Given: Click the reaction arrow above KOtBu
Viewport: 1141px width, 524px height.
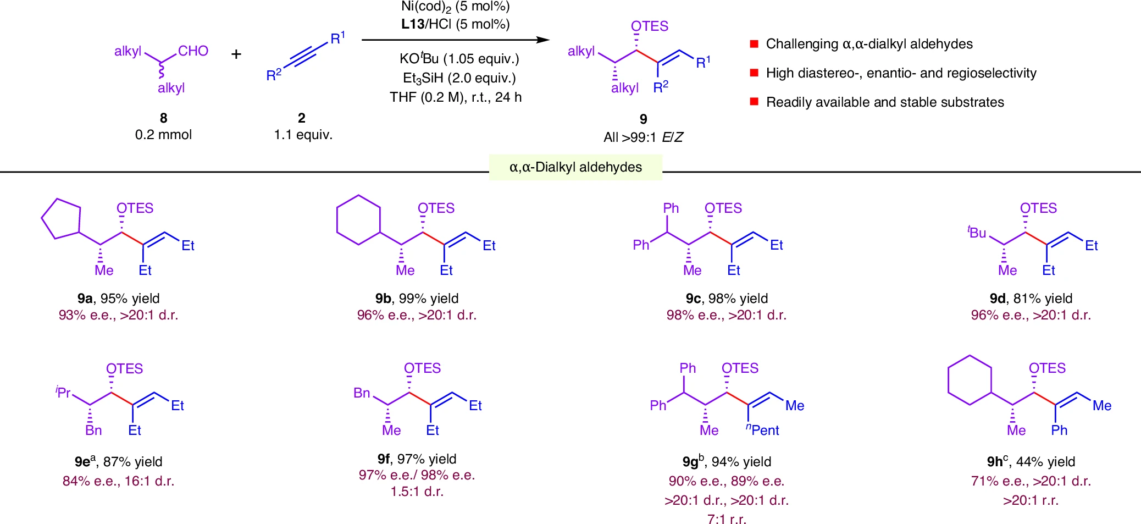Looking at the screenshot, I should pos(455,40).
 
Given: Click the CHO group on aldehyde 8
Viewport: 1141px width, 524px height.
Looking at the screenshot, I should pos(193,51).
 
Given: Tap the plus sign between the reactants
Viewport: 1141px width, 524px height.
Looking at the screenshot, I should pos(236,54).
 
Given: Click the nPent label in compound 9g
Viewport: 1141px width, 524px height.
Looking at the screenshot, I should pos(763,430).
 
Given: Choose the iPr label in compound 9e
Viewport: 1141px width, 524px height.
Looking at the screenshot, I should pos(63,393).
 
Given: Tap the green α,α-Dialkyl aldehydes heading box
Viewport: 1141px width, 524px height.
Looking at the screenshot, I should pos(575,167).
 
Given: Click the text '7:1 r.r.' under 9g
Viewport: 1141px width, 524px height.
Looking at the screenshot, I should pos(727,519).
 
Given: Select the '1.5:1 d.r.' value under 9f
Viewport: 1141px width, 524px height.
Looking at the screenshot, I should pos(417,491).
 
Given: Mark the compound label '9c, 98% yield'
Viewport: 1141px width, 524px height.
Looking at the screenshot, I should pos(727,298).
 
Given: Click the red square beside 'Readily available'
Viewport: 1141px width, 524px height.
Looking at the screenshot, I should pos(754,102).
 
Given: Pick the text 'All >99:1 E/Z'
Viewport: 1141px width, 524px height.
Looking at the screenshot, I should pos(643,137).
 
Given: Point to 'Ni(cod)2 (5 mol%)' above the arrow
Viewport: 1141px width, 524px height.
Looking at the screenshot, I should pos(455,7).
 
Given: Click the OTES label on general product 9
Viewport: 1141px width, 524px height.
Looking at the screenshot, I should pos(650,26).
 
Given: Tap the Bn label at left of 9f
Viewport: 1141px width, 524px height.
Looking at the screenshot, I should pos(362,393).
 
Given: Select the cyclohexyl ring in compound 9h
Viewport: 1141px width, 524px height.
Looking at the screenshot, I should pos(970,380).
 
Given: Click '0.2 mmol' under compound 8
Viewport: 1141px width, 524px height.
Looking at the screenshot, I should pos(163,135).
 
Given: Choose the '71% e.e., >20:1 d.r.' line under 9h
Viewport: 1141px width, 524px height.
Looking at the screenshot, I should pos(1031,481).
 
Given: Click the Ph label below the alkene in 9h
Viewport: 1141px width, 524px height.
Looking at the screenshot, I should pos(1059,430).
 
